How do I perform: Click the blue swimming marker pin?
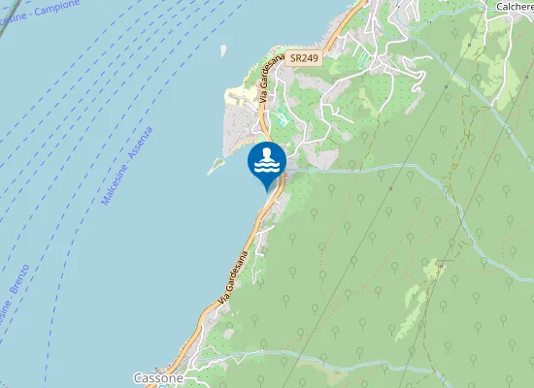coord(267,163)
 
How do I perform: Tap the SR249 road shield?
coord(303,58)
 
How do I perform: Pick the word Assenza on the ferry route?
coord(140,144)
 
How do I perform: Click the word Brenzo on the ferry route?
coord(17,283)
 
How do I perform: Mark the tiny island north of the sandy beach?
coord(222,48)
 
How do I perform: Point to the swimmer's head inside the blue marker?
coord(267,152)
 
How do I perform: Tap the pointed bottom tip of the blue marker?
coord(267,190)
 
